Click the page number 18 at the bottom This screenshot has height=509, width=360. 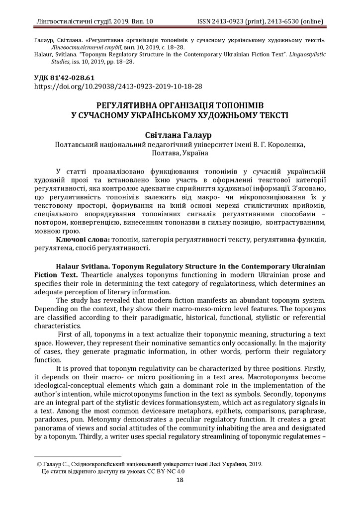coord(180,480)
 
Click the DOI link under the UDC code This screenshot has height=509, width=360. coord(118,86)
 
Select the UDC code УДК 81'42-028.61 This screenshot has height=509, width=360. coord(64,78)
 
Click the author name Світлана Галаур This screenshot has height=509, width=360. coord(180,135)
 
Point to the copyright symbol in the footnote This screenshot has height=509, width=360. coord(39,464)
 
